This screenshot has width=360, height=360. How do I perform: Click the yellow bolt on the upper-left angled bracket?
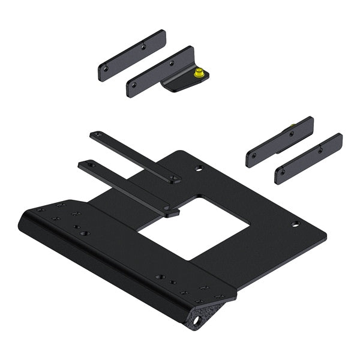(x=199, y=74)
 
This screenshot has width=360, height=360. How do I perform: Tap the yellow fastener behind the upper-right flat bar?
(x=292, y=125)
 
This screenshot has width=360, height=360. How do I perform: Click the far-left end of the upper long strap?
(x=94, y=134)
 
